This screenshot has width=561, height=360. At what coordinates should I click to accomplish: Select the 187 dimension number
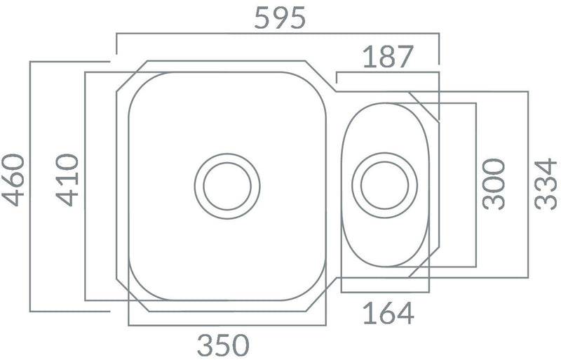point(388,57)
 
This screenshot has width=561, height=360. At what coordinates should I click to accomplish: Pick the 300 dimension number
point(494,185)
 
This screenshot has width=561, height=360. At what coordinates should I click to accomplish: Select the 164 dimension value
point(388,312)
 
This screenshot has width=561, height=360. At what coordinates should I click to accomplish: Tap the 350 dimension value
point(222,345)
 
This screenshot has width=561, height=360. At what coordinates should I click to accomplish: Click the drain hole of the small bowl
point(384,185)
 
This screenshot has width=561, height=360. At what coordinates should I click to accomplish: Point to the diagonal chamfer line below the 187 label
point(422,106)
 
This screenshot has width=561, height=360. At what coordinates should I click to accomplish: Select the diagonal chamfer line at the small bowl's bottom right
point(424,263)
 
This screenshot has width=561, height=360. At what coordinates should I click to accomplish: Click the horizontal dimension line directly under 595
point(277,32)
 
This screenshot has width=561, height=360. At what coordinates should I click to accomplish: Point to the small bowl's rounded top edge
point(385,103)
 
